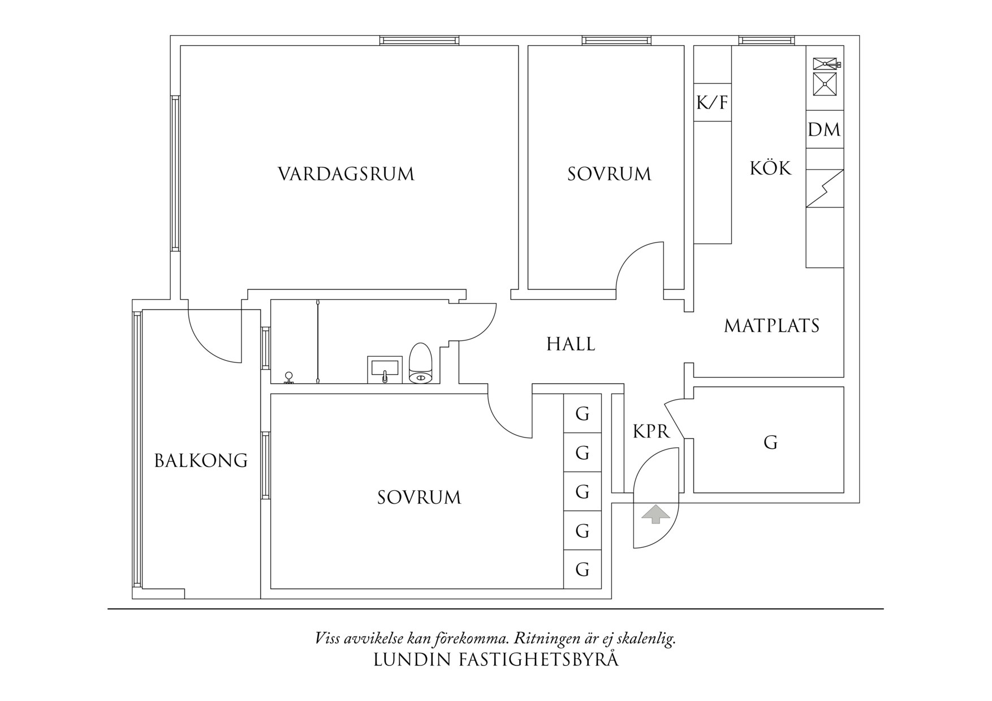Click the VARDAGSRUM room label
(x=346, y=174)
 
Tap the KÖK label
(x=770, y=168)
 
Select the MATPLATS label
(x=771, y=326)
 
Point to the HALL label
(x=571, y=344)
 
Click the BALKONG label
(x=201, y=461)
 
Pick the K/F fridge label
(x=712, y=103)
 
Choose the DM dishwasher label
(x=824, y=130)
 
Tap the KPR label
(x=651, y=432)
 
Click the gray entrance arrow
(x=655, y=514)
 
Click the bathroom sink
(x=385, y=369)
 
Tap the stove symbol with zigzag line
(x=825, y=188)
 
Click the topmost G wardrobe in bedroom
(x=582, y=414)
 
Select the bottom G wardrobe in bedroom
(x=582, y=569)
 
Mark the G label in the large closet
(x=770, y=442)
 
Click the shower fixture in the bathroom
(x=289, y=378)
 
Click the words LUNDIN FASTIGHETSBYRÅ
(x=496, y=660)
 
